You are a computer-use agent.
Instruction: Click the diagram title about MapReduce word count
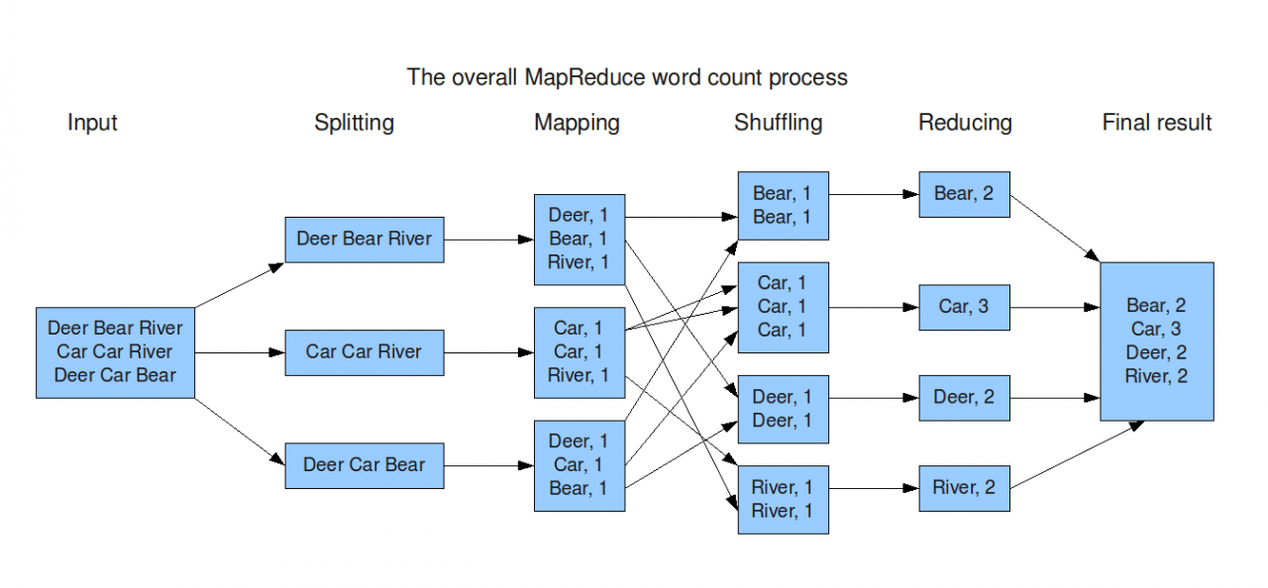tap(627, 77)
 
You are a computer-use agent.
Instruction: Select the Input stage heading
tap(92, 123)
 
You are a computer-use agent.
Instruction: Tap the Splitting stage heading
tap(354, 123)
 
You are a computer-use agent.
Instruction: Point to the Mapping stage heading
tap(577, 123)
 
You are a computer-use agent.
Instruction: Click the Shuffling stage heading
tap(778, 123)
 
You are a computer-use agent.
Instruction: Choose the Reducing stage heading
tap(965, 123)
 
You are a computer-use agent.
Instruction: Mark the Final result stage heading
tap(1156, 123)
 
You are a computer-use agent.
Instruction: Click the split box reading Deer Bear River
tap(365, 240)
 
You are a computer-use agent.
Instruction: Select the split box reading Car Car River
tap(365, 352)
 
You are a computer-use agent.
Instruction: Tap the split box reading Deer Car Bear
tap(365, 465)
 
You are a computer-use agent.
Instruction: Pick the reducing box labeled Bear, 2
tap(964, 194)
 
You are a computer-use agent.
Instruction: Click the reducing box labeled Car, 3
tap(964, 307)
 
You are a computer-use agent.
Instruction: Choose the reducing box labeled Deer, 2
tap(964, 398)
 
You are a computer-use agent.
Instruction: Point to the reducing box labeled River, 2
tap(964, 488)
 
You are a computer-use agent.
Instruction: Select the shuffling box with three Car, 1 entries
tap(783, 307)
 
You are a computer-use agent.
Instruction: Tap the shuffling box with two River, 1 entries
tap(783, 499)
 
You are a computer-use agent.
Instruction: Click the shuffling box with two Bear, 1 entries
tap(783, 205)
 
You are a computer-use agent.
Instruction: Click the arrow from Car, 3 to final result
tap(1055, 308)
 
